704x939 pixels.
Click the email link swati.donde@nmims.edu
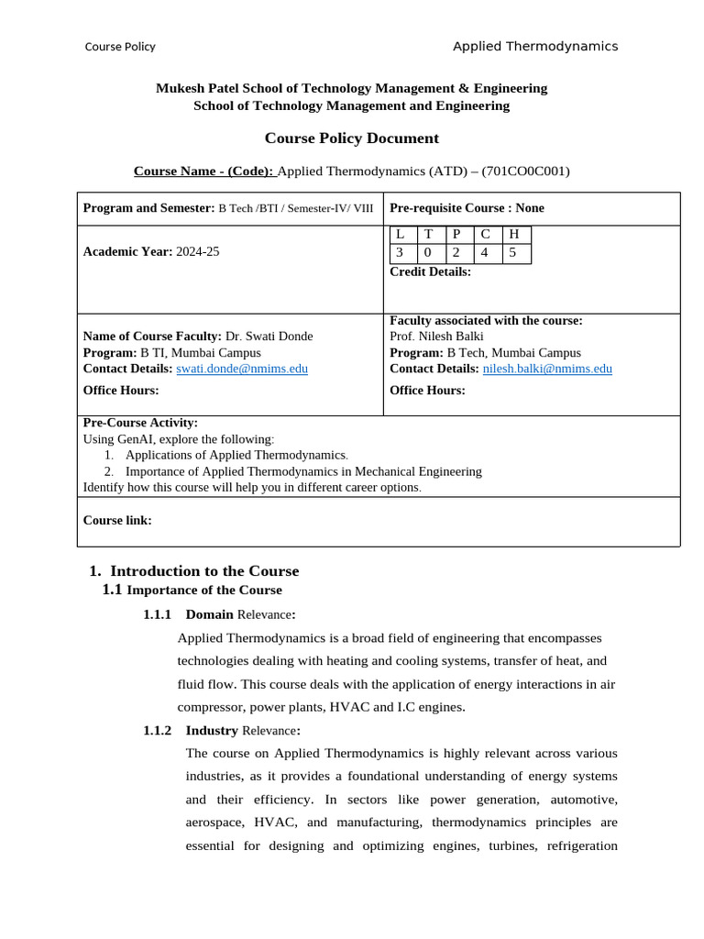point(242,369)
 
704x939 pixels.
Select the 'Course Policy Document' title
point(352,138)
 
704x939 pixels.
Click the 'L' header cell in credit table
point(400,235)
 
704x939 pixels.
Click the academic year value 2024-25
point(198,252)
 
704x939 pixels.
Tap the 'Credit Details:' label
point(430,271)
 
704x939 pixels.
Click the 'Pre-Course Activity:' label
point(140,423)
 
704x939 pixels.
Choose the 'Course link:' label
point(117,521)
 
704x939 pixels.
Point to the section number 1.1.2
point(158,731)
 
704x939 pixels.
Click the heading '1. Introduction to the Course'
point(194,571)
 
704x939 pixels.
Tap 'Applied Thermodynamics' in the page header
point(535,47)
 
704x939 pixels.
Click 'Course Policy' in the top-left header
point(120,47)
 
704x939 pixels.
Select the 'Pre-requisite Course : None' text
point(467,208)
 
